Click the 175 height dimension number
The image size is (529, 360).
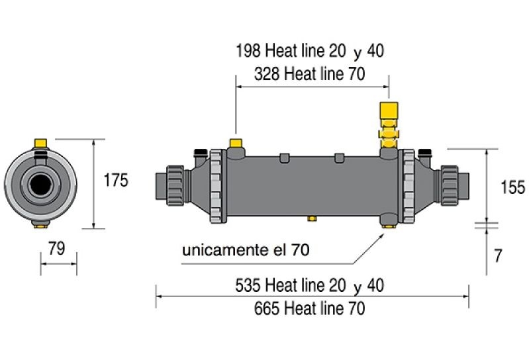tap(116, 180)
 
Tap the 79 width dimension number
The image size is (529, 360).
tap(56, 248)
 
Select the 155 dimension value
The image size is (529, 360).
tap(513, 187)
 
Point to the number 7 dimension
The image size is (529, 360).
tap(499, 256)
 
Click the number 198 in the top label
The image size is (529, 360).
tap(248, 50)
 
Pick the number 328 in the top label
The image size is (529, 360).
tap(267, 74)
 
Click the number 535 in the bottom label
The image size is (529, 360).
tap(248, 285)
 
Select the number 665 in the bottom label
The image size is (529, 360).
tap(267, 308)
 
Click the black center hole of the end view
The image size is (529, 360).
tap(40, 185)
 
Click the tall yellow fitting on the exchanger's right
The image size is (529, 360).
tap(389, 125)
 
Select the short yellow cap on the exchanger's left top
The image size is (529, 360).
tap(236, 143)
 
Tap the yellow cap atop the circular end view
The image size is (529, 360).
tap(41, 143)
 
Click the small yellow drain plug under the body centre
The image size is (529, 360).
tap(312, 218)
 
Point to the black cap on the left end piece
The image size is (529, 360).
tap(201, 152)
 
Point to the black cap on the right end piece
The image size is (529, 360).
tap(424, 152)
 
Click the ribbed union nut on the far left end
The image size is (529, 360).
tap(175, 185)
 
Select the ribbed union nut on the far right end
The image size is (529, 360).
tap(450, 185)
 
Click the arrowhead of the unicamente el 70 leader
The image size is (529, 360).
tap(383, 233)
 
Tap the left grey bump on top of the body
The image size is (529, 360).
tap(285, 157)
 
